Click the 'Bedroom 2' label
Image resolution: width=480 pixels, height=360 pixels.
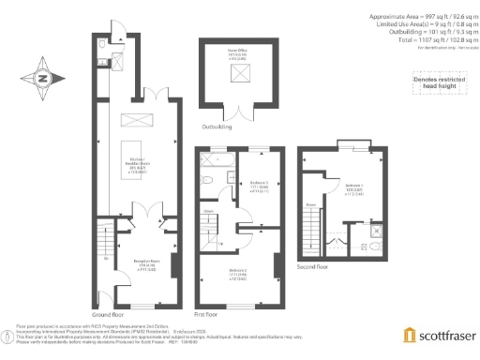238,273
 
